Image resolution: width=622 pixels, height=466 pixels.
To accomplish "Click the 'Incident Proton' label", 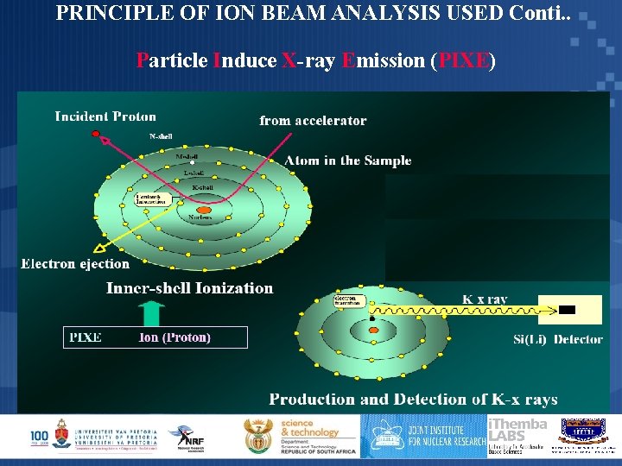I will [x=105, y=116].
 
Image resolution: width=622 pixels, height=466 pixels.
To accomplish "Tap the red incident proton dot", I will [x=98, y=133].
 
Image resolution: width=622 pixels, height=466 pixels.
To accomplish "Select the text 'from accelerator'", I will [x=313, y=121].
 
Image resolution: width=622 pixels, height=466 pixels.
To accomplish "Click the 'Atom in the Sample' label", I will [x=348, y=161].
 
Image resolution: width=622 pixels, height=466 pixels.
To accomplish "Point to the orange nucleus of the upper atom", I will [x=205, y=210].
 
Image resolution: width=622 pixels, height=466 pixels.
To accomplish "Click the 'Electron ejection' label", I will [x=75, y=264].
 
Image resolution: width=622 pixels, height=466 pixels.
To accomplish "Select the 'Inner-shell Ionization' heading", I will [x=189, y=288].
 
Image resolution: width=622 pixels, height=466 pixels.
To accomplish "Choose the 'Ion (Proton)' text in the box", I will [x=175, y=337].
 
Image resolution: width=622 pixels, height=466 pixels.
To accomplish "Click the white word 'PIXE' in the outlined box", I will [x=86, y=337].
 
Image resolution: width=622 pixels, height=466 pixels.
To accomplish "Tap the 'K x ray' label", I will [x=485, y=299].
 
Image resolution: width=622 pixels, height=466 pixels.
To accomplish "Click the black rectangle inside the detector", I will [x=567, y=309].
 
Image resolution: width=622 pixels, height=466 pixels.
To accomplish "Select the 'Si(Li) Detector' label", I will [x=557, y=340].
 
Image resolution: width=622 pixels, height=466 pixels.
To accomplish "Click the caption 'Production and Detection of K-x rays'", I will [x=413, y=400].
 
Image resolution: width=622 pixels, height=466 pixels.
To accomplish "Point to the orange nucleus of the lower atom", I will [x=372, y=329].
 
